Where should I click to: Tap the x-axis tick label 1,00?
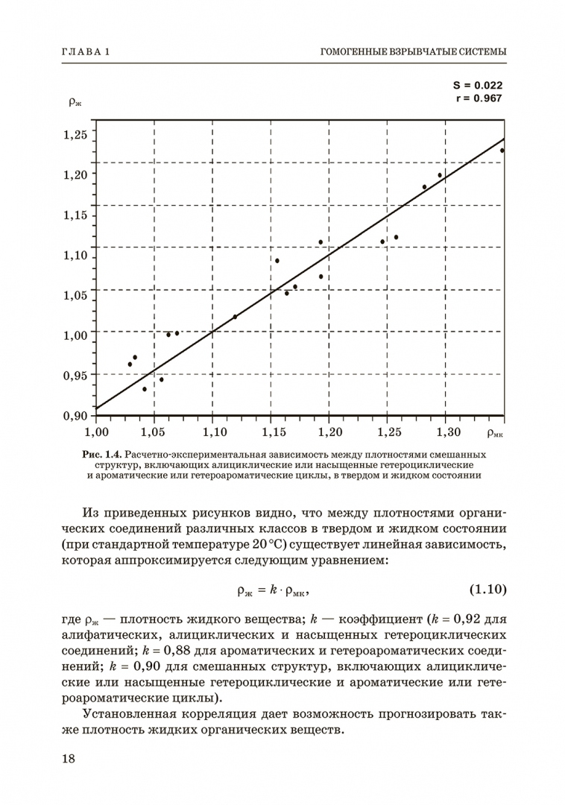coord(96,431)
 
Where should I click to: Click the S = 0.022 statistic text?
coord(478,86)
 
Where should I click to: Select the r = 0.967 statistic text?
coord(478,98)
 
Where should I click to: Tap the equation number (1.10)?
coord(487,590)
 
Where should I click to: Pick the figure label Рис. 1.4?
coord(102,454)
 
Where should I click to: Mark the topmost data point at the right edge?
coord(502,151)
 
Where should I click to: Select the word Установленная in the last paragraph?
coord(132,714)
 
